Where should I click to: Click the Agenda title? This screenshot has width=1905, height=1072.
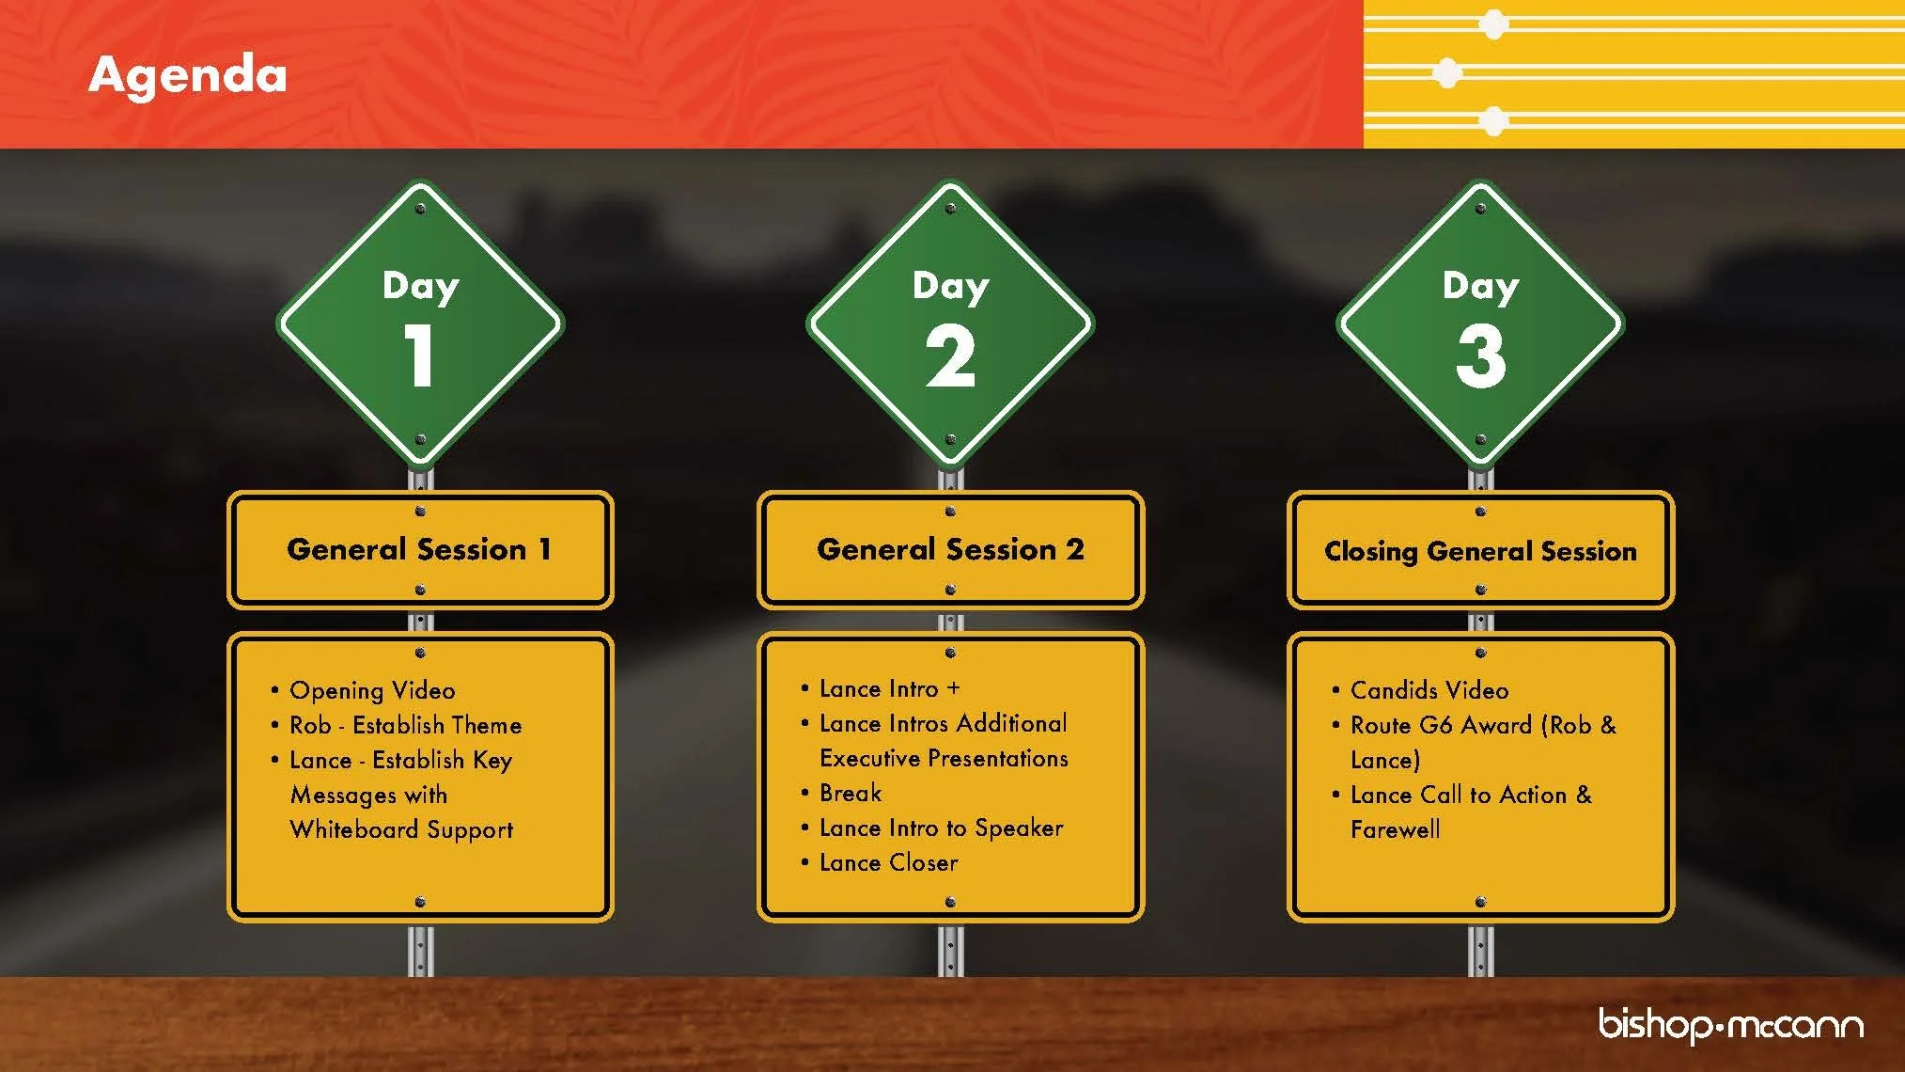click(x=187, y=75)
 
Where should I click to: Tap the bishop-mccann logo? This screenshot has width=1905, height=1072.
click(x=1730, y=1024)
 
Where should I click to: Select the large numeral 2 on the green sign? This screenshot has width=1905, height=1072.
click(x=950, y=355)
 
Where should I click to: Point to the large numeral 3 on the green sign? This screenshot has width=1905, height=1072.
click(x=1480, y=355)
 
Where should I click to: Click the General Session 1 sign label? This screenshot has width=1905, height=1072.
click(x=419, y=549)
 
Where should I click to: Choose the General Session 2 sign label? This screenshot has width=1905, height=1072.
click(x=950, y=549)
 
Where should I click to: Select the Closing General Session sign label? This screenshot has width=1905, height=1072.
click(x=1480, y=551)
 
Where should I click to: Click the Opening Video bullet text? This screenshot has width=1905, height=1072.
click(x=372, y=690)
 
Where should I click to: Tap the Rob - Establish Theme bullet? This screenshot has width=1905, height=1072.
click(x=405, y=725)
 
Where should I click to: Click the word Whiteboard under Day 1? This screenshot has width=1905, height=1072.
click(x=354, y=829)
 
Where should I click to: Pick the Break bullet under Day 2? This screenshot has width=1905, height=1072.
click(x=851, y=793)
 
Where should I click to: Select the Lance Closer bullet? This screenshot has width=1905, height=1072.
click(x=888, y=862)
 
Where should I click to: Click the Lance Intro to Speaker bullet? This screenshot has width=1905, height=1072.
click(x=941, y=828)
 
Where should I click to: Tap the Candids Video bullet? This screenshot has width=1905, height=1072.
click(x=1429, y=690)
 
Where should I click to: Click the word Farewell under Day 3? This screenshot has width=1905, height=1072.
click(x=1395, y=829)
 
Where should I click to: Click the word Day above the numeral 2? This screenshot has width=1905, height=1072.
click(x=950, y=286)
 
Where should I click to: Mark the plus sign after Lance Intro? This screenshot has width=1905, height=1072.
click(x=953, y=688)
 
